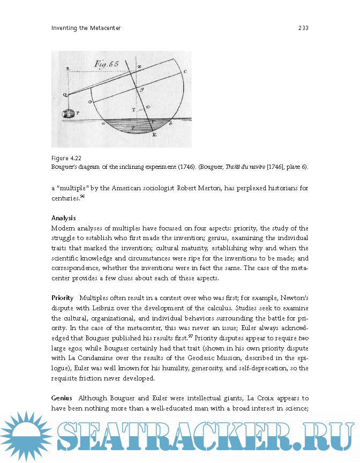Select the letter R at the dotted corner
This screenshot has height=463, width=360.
click(67, 69)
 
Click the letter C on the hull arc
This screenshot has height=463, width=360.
click(185, 71)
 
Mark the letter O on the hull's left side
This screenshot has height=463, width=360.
click(89, 101)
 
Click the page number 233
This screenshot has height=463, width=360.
click(303, 28)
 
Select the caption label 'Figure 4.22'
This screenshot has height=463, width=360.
click(66, 158)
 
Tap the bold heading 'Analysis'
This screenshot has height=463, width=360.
click(64, 218)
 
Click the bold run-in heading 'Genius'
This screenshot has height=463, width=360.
click(62, 399)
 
